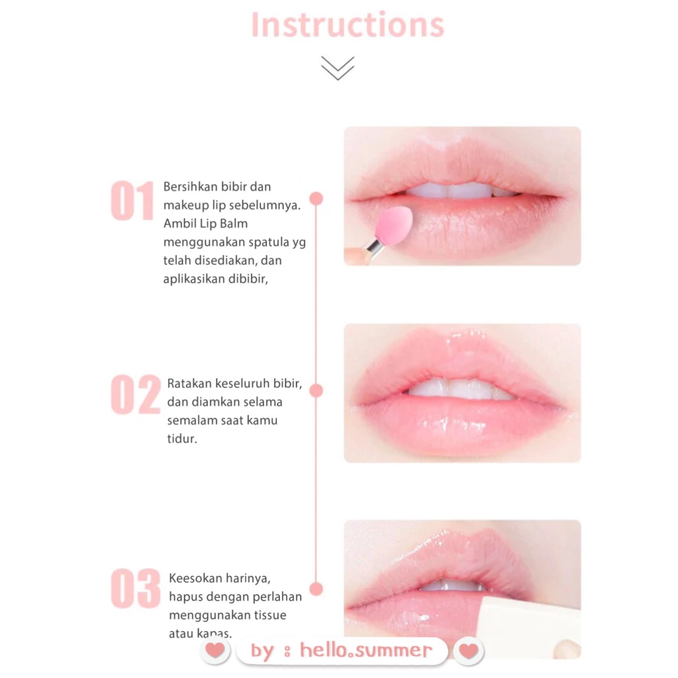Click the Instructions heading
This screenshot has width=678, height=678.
coord(347,24)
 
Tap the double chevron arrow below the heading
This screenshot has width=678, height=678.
coord(338,68)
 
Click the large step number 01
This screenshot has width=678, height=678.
coord(132,201)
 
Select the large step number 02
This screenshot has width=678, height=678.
coord(135,395)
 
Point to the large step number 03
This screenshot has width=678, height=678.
coord(135,589)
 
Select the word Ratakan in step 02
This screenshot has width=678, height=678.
coord(189,383)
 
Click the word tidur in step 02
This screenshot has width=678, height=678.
coord(181,439)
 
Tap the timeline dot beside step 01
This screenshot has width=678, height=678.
coord(316,199)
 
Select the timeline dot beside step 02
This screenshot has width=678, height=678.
coord(316,391)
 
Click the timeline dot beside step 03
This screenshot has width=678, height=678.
coord(316,589)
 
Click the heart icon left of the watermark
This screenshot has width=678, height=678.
coord(215,650)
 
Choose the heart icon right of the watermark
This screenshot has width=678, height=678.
coord(468,650)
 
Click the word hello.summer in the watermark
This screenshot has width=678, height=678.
coord(365,650)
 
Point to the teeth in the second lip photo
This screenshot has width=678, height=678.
coord(461,389)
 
